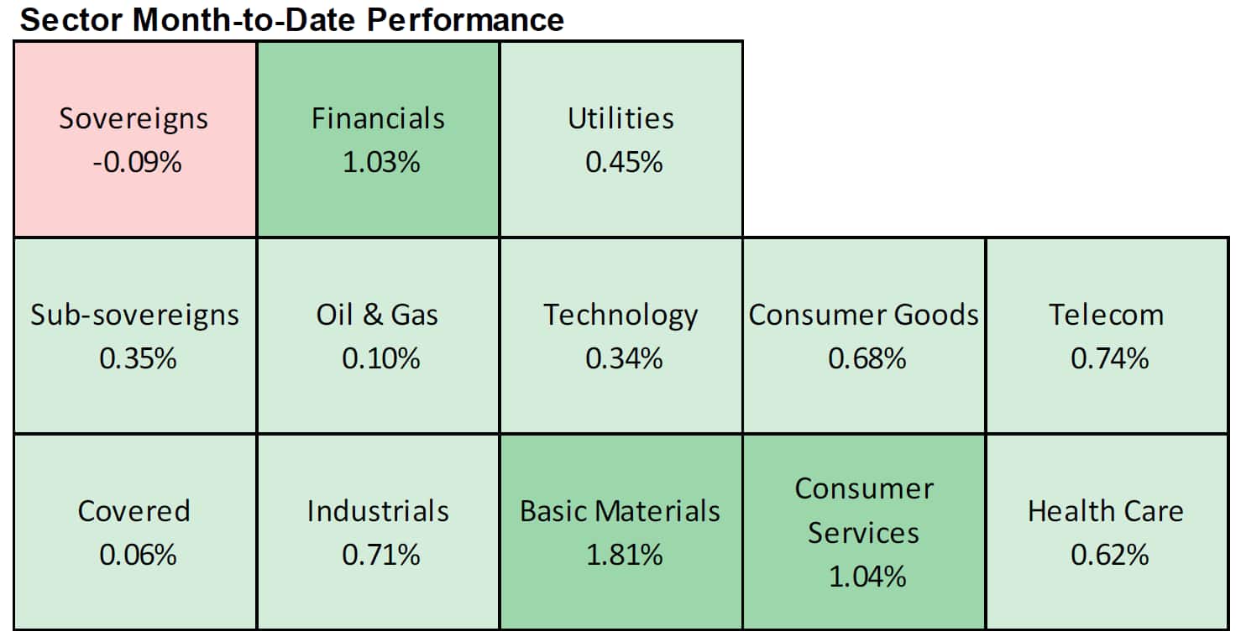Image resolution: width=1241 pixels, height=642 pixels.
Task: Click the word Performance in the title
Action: click(x=465, y=20)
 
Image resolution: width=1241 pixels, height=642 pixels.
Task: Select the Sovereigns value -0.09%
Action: click(x=137, y=162)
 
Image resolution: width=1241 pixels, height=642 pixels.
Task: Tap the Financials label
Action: click(x=378, y=118)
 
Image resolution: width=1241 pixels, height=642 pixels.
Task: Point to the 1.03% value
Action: click(x=381, y=162)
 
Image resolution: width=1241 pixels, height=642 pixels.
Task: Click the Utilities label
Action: click(x=621, y=118)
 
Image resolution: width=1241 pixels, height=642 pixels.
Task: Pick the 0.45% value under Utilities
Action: click(x=624, y=162)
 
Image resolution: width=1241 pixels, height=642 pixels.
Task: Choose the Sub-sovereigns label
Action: click(x=134, y=315)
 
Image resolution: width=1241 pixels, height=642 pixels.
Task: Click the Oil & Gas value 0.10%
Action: click(x=381, y=358)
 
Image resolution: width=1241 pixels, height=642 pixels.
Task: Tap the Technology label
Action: click(x=620, y=316)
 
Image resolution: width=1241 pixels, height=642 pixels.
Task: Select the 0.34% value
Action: click(x=624, y=358)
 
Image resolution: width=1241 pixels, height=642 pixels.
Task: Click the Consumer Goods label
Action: click(x=864, y=315)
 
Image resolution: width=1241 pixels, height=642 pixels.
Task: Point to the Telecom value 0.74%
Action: click(x=1110, y=358)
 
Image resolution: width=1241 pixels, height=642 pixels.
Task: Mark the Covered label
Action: click(x=134, y=511)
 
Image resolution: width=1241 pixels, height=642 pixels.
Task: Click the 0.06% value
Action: click(x=138, y=555)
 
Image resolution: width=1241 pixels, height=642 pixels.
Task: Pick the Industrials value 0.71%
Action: click(x=381, y=555)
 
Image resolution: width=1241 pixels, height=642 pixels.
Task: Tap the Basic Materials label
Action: click(x=620, y=511)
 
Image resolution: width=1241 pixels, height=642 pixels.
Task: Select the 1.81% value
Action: click(x=625, y=555)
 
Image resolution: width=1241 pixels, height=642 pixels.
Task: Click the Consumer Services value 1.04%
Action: click(x=867, y=577)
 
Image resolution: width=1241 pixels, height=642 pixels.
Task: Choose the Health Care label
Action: click(x=1106, y=511)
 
